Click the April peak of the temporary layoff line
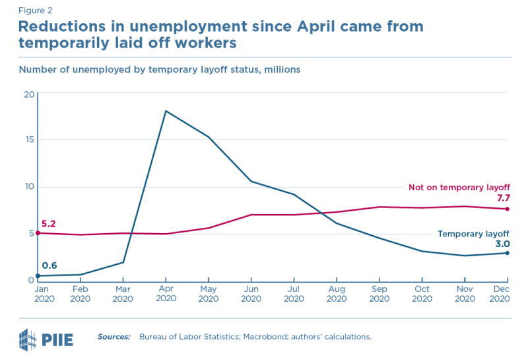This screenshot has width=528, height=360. point(165,111)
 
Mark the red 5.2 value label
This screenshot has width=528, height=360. point(48,224)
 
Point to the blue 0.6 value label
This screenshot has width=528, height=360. point(49,266)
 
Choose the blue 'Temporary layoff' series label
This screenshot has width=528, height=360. point(474,234)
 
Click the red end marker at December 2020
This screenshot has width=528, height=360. point(507,209)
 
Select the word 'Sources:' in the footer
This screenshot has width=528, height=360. point(114,337)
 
